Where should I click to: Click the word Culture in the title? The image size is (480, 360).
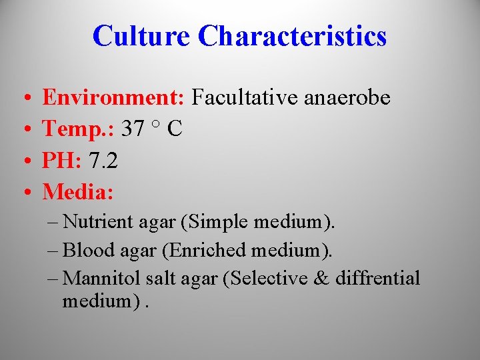pyautogui.click(x=141, y=36)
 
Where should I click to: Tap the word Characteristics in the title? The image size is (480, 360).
pyautogui.click(x=293, y=36)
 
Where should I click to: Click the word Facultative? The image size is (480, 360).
pyautogui.click(x=245, y=98)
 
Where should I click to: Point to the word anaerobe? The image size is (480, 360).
pyautogui.click(x=347, y=99)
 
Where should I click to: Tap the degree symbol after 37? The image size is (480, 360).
pyautogui.click(x=155, y=125)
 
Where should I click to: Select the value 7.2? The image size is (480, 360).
pyautogui.click(x=103, y=161)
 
